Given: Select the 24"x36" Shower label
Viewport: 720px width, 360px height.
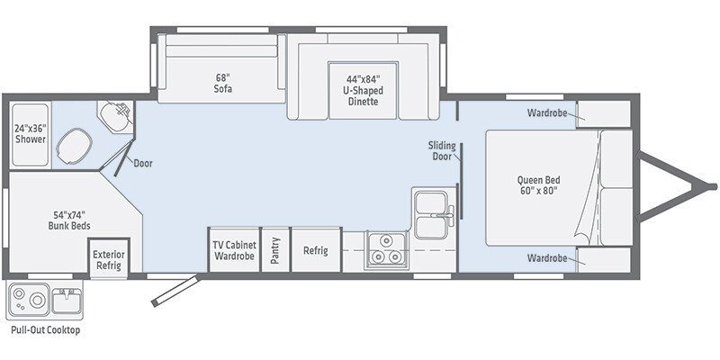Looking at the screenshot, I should tap(30, 133).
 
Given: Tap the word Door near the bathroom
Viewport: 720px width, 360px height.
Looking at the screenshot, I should tap(143, 164).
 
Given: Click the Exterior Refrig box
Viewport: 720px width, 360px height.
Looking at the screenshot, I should tap(109, 259).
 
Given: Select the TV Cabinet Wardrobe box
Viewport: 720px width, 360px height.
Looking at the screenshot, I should tap(234, 250).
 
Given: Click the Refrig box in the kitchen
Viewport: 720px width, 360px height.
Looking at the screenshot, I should tap(315, 250).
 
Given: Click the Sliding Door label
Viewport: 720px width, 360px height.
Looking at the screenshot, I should tap(442, 150).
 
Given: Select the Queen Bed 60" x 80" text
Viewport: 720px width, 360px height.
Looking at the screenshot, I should tap(538, 184).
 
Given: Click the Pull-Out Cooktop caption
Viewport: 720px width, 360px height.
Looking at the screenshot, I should tap(45, 330).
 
